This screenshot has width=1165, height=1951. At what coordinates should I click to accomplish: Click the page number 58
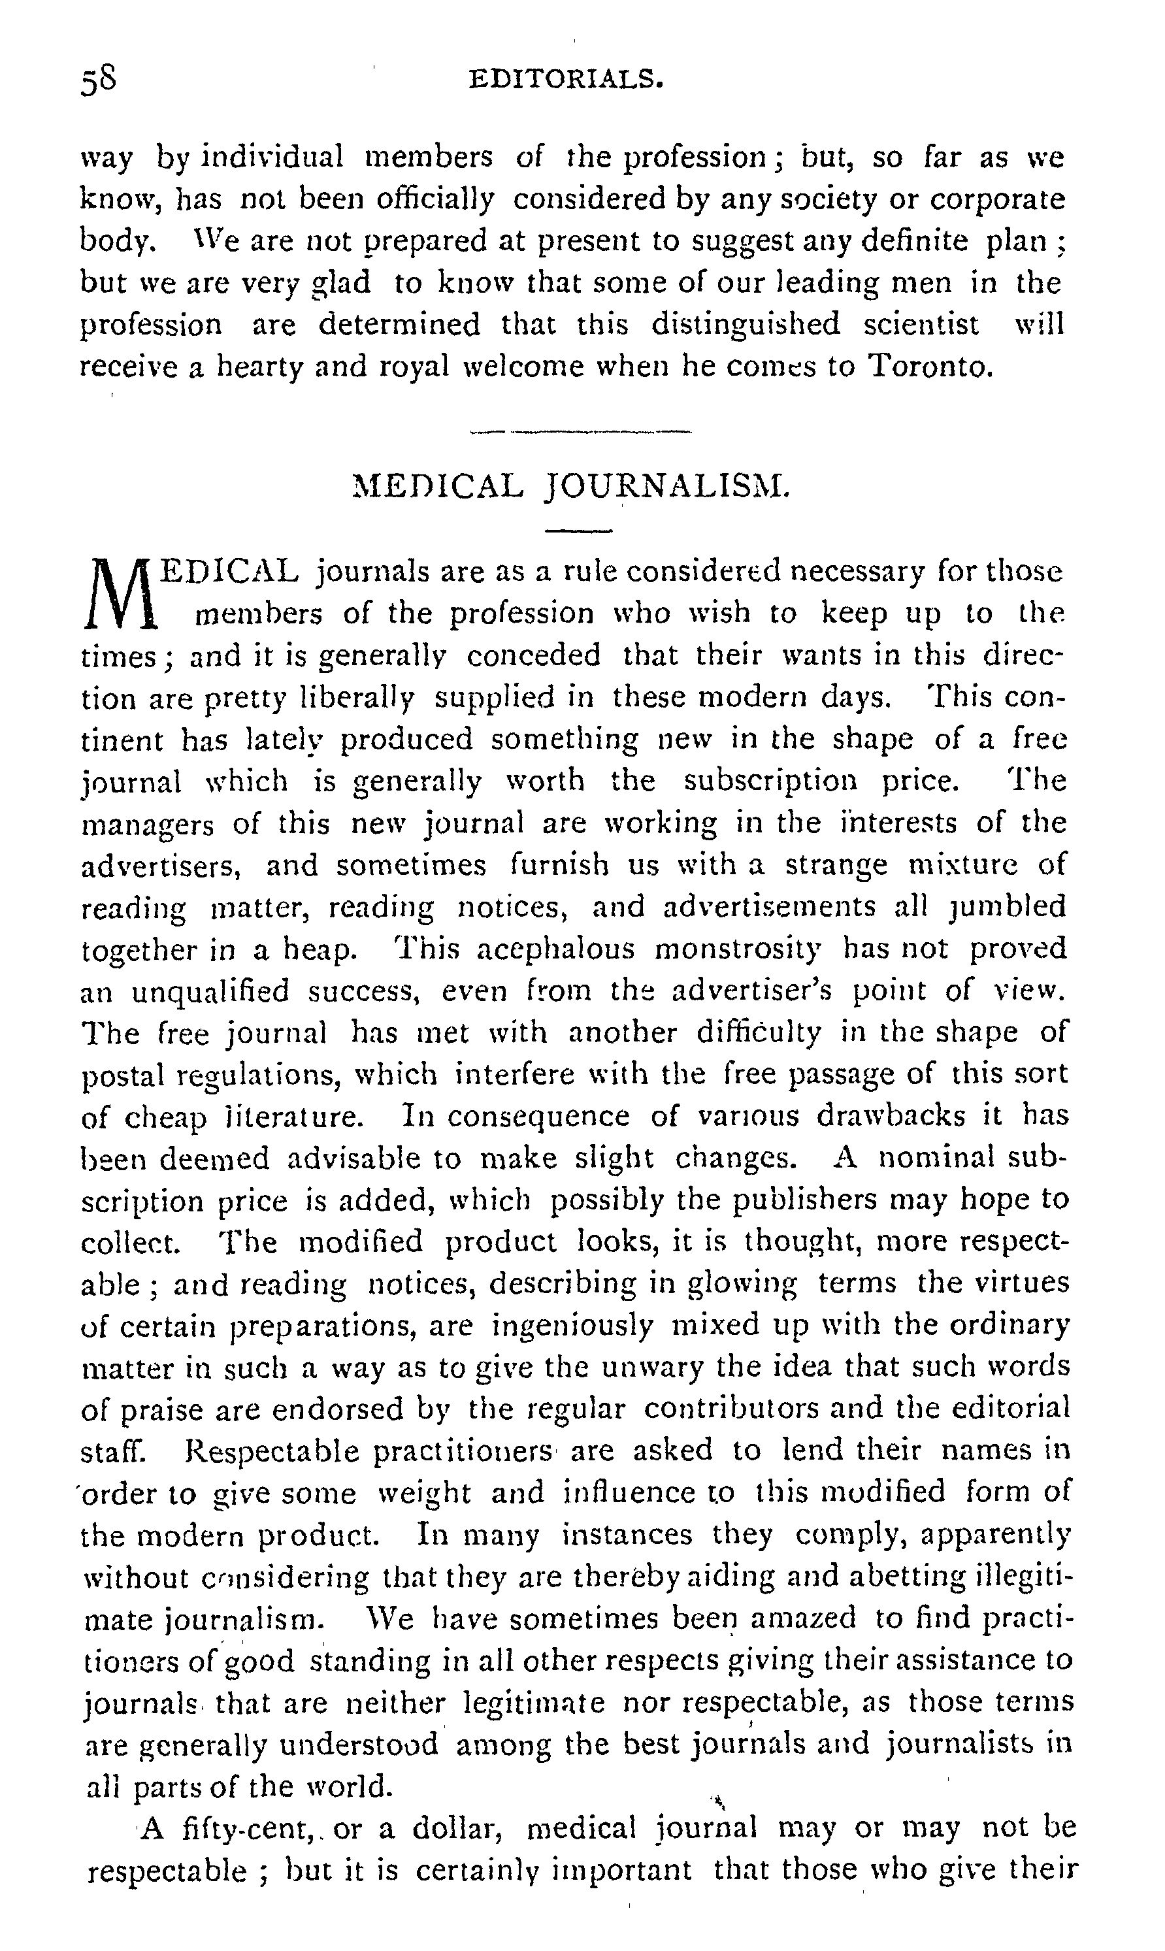coord(99,80)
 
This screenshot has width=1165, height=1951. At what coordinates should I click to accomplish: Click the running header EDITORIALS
coord(566,79)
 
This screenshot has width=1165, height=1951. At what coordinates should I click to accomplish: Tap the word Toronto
coord(930,366)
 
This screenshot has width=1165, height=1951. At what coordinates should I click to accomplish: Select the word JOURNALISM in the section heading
coord(666,487)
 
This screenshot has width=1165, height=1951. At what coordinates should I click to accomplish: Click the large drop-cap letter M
coord(120,593)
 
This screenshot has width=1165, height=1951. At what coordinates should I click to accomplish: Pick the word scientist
coord(921,324)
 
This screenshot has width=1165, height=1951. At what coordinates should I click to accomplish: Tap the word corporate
coord(997,199)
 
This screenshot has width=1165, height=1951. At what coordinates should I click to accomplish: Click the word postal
coord(120,1074)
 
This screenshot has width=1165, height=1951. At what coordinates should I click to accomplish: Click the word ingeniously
coord(572,1326)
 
